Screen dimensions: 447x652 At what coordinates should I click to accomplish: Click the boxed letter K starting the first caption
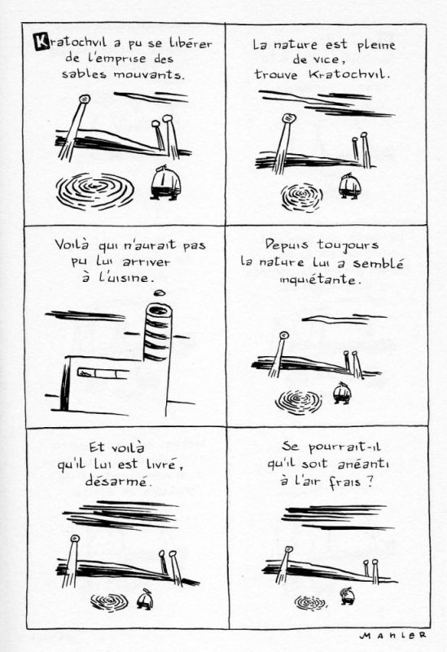pos(42,42)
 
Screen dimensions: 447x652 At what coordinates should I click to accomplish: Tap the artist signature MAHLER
pos(393,636)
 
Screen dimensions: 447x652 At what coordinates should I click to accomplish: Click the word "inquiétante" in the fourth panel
pos(318,279)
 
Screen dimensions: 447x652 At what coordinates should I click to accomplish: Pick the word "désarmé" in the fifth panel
pos(117,481)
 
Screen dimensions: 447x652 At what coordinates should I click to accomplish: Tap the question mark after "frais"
pos(370,482)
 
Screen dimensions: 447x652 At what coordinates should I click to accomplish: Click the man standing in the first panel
pos(166,183)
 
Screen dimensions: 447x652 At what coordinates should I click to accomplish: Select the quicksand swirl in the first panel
pos(95,192)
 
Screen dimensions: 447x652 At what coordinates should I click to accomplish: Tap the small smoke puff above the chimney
pos(160,293)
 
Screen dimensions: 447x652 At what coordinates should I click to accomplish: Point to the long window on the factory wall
pos(103,373)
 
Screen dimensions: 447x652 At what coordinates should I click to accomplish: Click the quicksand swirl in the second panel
pos(302,196)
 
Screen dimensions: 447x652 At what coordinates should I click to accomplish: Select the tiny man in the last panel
pos(347,596)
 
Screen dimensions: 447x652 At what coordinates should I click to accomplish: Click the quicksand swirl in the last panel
pos(310,602)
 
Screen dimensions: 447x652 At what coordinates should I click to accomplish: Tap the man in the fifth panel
pos(145,599)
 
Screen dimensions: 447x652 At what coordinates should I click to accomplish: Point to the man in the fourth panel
pos(342,393)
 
